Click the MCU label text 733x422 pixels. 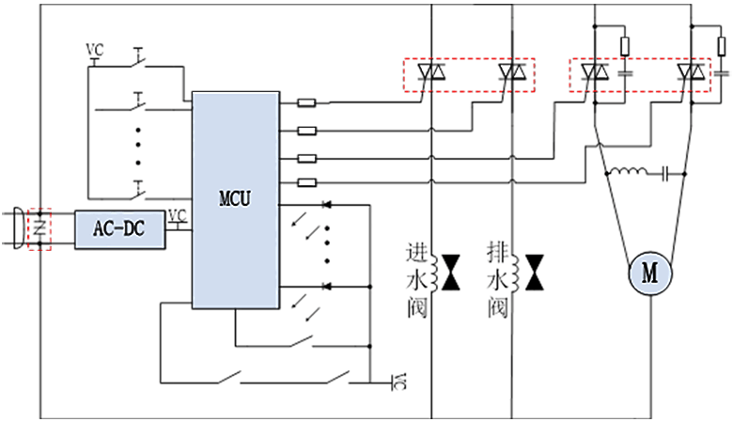(x=235, y=198)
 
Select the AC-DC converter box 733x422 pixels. (x=119, y=229)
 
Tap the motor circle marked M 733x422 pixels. (x=650, y=274)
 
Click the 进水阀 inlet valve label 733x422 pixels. (x=416, y=279)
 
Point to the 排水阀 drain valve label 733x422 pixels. (x=497, y=279)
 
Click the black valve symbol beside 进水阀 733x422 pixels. (x=451, y=273)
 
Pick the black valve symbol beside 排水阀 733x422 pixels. (x=535, y=273)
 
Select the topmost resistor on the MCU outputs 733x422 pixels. (x=306, y=102)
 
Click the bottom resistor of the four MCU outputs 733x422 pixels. (x=306, y=182)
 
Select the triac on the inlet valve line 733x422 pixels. (x=431, y=72)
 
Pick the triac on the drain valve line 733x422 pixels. (x=512, y=72)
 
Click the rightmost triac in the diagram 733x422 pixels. (x=692, y=72)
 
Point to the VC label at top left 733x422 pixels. (x=95, y=49)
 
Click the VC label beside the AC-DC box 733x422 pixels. (x=178, y=215)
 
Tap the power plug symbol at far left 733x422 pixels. (x=19, y=228)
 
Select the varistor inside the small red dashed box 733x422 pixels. (x=39, y=228)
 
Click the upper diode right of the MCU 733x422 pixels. (x=327, y=204)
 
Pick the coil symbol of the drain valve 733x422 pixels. (x=516, y=274)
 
